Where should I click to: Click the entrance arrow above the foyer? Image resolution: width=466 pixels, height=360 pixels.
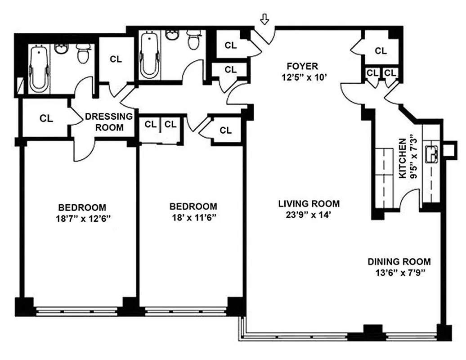pos(265,20)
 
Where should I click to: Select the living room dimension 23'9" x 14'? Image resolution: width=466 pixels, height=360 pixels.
pos(308,215)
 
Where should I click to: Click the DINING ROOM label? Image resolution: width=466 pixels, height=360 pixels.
pos(399,261)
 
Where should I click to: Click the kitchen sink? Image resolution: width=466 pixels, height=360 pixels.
pos(434,153)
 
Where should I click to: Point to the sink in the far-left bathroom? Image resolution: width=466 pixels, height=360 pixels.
pos(61,48)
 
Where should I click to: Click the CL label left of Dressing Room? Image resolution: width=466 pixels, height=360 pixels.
pos(46,118)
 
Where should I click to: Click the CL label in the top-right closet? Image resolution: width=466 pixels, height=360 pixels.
pos(381,51)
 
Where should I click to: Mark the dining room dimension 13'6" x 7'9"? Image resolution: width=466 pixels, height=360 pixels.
pos(399,272)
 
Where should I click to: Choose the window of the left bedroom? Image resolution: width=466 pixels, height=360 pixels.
pos(81,310)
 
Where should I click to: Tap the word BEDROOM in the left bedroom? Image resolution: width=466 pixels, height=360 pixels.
pos(82,207)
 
